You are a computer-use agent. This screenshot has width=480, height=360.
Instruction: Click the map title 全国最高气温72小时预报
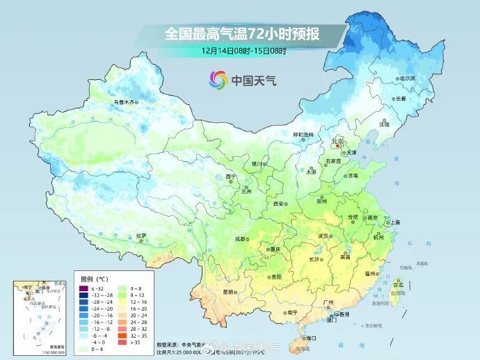pyautogui.click(x=244, y=33)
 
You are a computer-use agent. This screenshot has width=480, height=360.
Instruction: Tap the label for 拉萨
pyautogui.click(x=142, y=235)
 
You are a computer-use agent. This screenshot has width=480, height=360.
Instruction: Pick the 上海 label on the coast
pyautogui.click(x=395, y=222)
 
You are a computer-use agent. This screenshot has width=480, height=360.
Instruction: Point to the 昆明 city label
pyautogui.click(x=228, y=292)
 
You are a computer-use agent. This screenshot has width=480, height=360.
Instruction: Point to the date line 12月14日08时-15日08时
pyautogui.click(x=244, y=50)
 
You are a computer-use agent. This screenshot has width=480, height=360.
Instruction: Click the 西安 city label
pyautogui.click(x=279, y=204)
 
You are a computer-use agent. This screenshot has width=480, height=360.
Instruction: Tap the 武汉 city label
pyautogui.click(x=323, y=236)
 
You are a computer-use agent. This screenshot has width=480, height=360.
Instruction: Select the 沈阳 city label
pyautogui.click(x=403, y=124)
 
